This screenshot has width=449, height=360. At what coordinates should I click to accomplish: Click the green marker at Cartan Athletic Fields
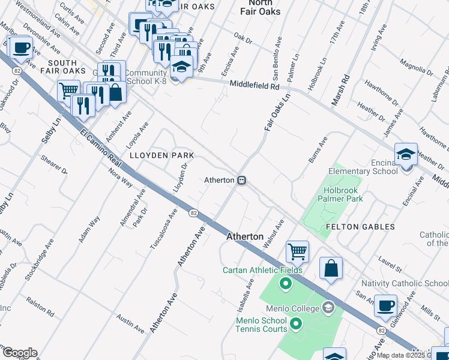coord(286,283)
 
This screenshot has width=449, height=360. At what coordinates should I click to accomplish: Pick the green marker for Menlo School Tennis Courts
coord(295,325)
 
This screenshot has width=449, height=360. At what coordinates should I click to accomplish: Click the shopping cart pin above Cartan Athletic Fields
coord(297,252)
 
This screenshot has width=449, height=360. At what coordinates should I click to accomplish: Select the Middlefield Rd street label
coord(255,86)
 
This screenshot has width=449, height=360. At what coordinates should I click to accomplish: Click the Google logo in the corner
coord(19,353)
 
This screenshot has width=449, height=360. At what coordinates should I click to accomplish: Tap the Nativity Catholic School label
coord(404,283)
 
